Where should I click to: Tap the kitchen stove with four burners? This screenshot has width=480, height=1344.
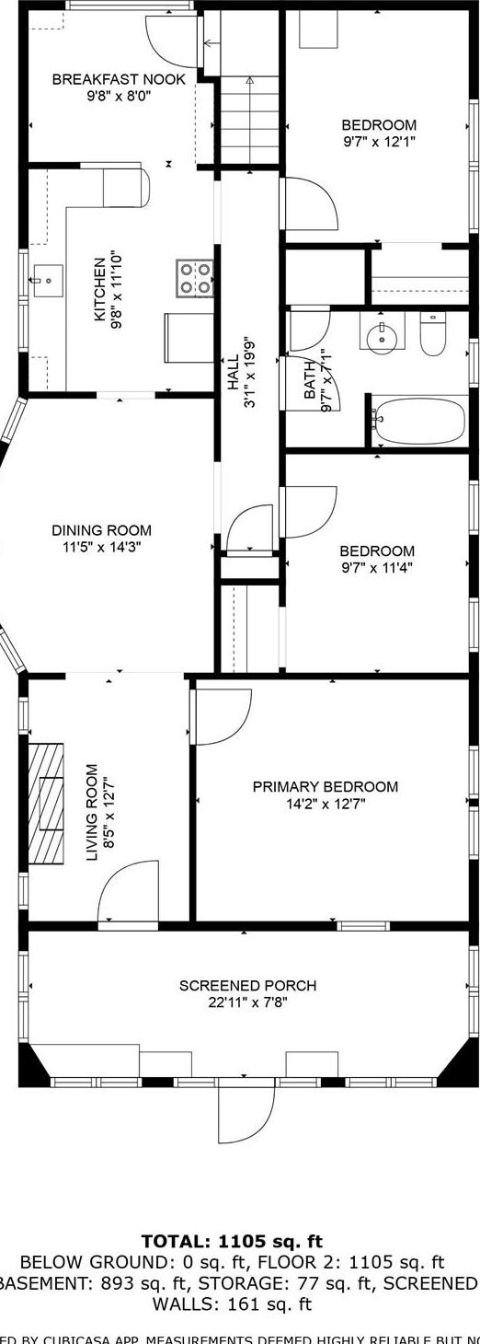click(x=195, y=278)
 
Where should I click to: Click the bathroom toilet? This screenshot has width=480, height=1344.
click(x=432, y=335)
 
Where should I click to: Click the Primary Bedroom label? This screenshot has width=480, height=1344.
click(x=326, y=787)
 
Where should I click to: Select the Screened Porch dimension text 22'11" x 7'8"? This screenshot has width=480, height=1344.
click(x=247, y=1002)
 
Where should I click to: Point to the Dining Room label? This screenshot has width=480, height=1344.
click(x=101, y=530)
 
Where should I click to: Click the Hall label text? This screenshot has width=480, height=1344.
click(x=234, y=372)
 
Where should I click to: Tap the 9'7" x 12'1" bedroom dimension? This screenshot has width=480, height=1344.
click(x=378, y=142)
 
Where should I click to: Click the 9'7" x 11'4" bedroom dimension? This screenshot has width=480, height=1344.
click(x=377, y=567)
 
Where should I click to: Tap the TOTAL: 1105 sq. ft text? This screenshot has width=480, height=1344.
click(x=232, y=1242)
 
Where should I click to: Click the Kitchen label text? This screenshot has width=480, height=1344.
click(x=100, y=288)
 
